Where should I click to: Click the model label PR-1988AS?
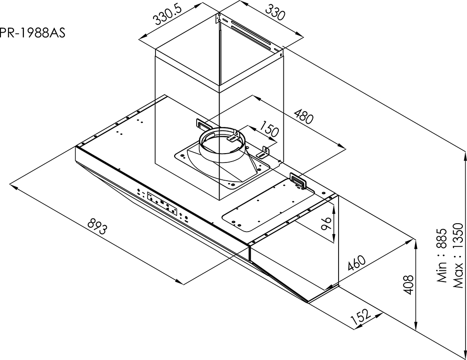[x=32, y=33]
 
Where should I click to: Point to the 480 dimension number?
[x=304, y=116]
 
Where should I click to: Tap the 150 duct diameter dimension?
[x=269, y=129]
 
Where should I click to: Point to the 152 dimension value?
[x=361, y=317]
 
